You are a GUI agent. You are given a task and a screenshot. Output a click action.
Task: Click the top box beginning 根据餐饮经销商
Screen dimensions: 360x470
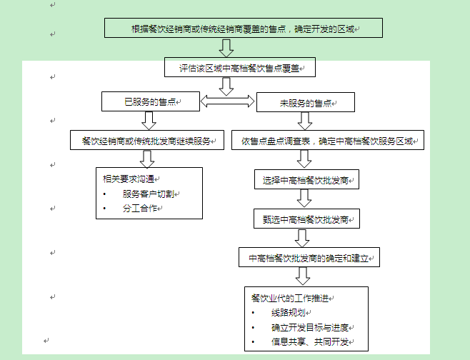point(244,29)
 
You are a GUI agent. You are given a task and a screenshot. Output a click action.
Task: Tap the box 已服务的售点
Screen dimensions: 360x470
point(150,102)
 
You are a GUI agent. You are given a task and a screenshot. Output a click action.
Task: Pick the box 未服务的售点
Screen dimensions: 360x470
point(305,103)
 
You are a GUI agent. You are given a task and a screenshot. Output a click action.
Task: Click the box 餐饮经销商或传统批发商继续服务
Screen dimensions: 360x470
point(148,141)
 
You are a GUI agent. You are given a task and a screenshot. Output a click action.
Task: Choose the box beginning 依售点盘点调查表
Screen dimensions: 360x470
point(328,141)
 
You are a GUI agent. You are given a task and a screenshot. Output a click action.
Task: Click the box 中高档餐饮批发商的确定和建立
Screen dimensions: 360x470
point(309,257)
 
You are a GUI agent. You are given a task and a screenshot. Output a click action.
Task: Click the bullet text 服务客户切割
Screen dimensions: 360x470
point(148,194)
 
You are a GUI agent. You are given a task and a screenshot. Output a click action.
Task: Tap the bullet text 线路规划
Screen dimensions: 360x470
point(289,313)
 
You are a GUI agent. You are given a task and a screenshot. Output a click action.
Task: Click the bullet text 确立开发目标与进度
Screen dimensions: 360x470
point(309,328)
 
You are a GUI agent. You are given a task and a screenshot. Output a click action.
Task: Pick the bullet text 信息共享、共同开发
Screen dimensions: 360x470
point(309,343)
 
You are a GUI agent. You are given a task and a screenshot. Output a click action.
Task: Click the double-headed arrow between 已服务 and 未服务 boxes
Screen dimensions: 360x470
point(226,102)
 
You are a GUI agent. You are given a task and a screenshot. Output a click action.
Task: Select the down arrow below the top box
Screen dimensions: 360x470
point(227,49)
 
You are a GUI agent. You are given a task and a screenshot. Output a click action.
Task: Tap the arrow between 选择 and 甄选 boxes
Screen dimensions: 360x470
point(305,199)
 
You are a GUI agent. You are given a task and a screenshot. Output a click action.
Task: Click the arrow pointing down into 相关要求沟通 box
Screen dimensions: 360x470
point(148,159)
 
